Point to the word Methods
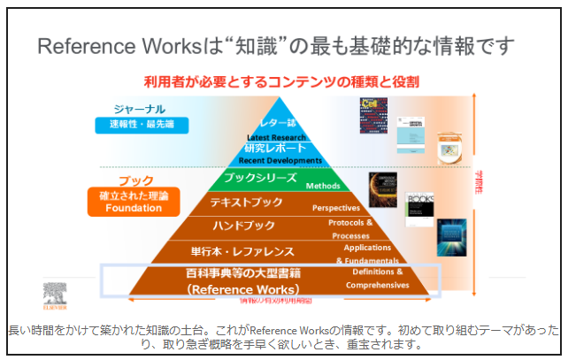pos(323,187)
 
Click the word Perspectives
pos(336,208)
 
